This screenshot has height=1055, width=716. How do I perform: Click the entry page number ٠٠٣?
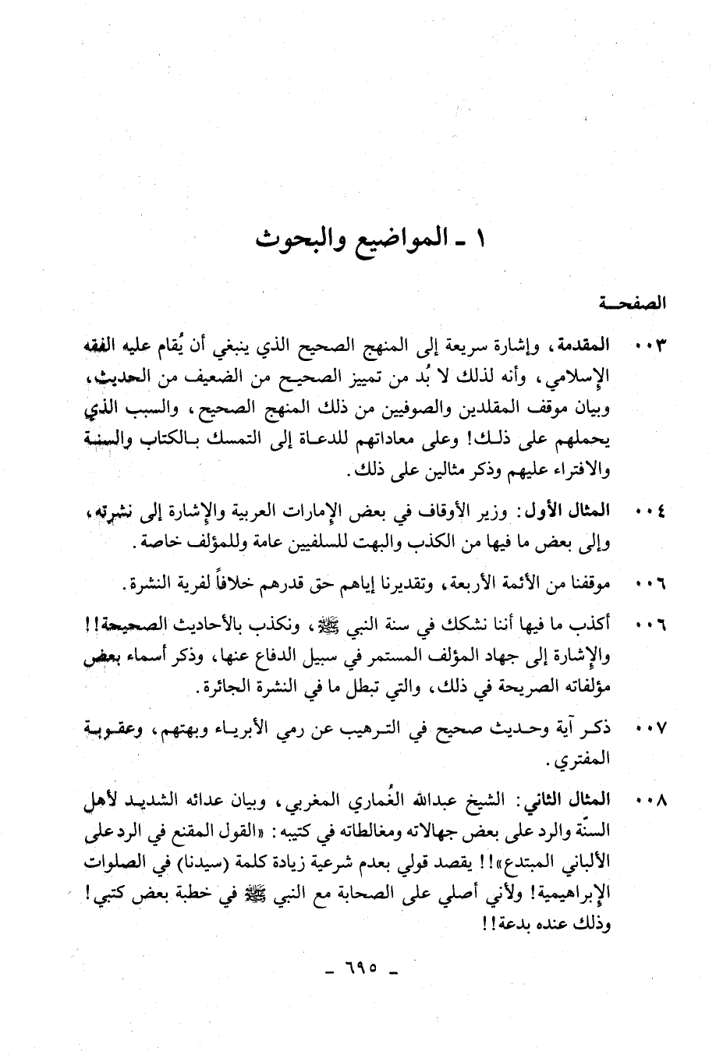click(x=650, y=345)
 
